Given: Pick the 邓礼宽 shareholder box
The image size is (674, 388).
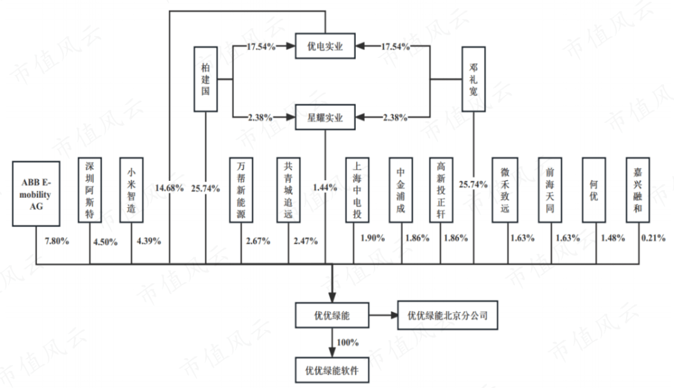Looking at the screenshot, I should [x=472, y=79].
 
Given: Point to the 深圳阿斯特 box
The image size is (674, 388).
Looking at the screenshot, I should [x=90, y=190].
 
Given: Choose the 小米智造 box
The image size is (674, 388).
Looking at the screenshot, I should [x=132, y=190].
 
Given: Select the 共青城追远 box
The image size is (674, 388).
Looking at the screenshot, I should [x=288, y=190].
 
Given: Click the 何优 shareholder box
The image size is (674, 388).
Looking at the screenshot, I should [x=593, y=190].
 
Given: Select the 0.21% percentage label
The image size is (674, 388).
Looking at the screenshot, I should [x=655, y=238].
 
